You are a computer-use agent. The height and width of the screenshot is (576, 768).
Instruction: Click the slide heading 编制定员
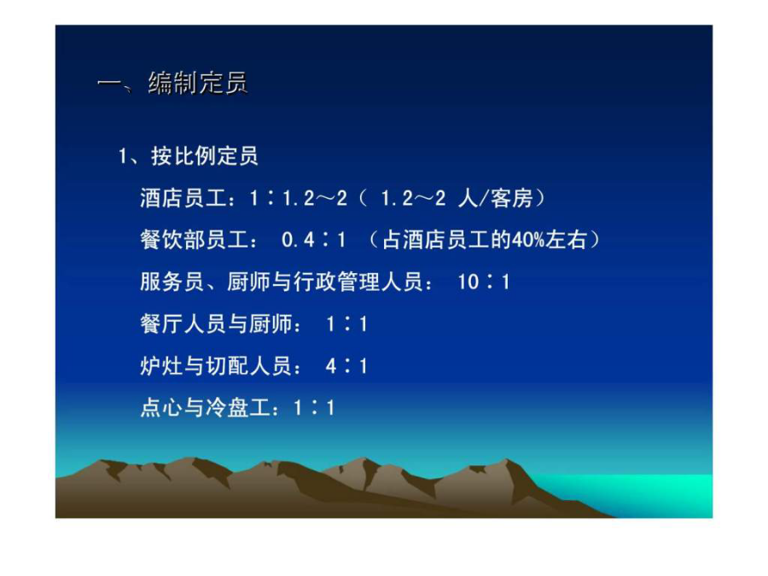pyautogui.click(x=198, y=83)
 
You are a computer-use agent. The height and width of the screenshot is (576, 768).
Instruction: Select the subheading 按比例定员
pyautogui.click(x=205, y=156)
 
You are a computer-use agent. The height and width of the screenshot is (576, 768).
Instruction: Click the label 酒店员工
pyautogui.click(x=183, y=198)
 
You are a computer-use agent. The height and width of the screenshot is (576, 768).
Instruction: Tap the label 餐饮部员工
pyautogui.click(x=194, y=240)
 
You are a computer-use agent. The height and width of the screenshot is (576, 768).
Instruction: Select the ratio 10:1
pyautogui.click(x=484, y=282)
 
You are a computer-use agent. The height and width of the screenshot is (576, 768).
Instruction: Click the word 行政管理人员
pyautogui.click(x=358, y=282)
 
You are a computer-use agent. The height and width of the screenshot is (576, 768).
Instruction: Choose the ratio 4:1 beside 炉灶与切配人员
pyautogui.click(x=346, y=366)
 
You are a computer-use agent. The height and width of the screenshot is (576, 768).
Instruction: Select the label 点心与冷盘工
pyautogui.click(x=205, y=408)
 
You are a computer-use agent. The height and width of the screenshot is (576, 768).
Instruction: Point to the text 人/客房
pyautogui.click(x=495, y=198)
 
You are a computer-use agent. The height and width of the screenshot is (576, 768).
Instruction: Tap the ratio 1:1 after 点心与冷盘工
pyautogui.click(x=314, y=408)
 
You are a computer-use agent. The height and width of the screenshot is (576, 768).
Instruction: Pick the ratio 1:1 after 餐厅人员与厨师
pyautogui.click(x=346, y=324)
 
